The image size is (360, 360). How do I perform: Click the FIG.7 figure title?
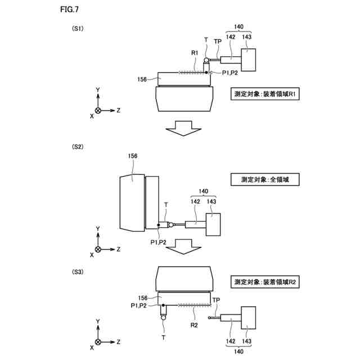[x=68, y=10]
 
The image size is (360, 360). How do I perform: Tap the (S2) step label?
[x=78, y=147]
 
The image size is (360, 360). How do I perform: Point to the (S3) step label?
[x=78, y=272]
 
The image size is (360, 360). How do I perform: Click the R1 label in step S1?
[x=195, y=53]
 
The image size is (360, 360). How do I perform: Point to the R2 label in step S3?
[x=193, y=325]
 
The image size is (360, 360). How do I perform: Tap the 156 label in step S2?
[x=133, y=156]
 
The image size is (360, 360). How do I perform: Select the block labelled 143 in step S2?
[x=213, y=223]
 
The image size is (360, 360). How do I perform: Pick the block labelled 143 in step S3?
[x=247, y=318]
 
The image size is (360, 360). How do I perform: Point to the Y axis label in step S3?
[x=98, y=321]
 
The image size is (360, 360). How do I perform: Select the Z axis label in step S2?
[x=119, y=249]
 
